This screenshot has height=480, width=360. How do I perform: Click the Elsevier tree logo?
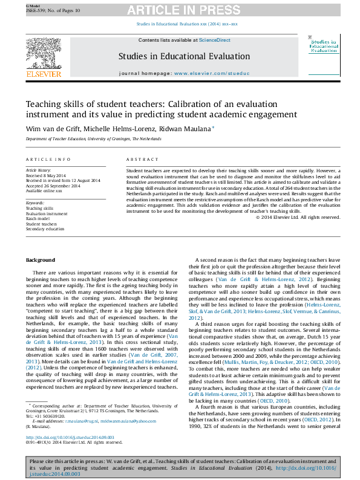pyautogui.click(x=43, y=54)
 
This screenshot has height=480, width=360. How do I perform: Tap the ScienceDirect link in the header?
pyautogui.click(x=214, y=40)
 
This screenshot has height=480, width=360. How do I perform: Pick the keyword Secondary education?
pyautogui.click(x=44, y=229)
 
